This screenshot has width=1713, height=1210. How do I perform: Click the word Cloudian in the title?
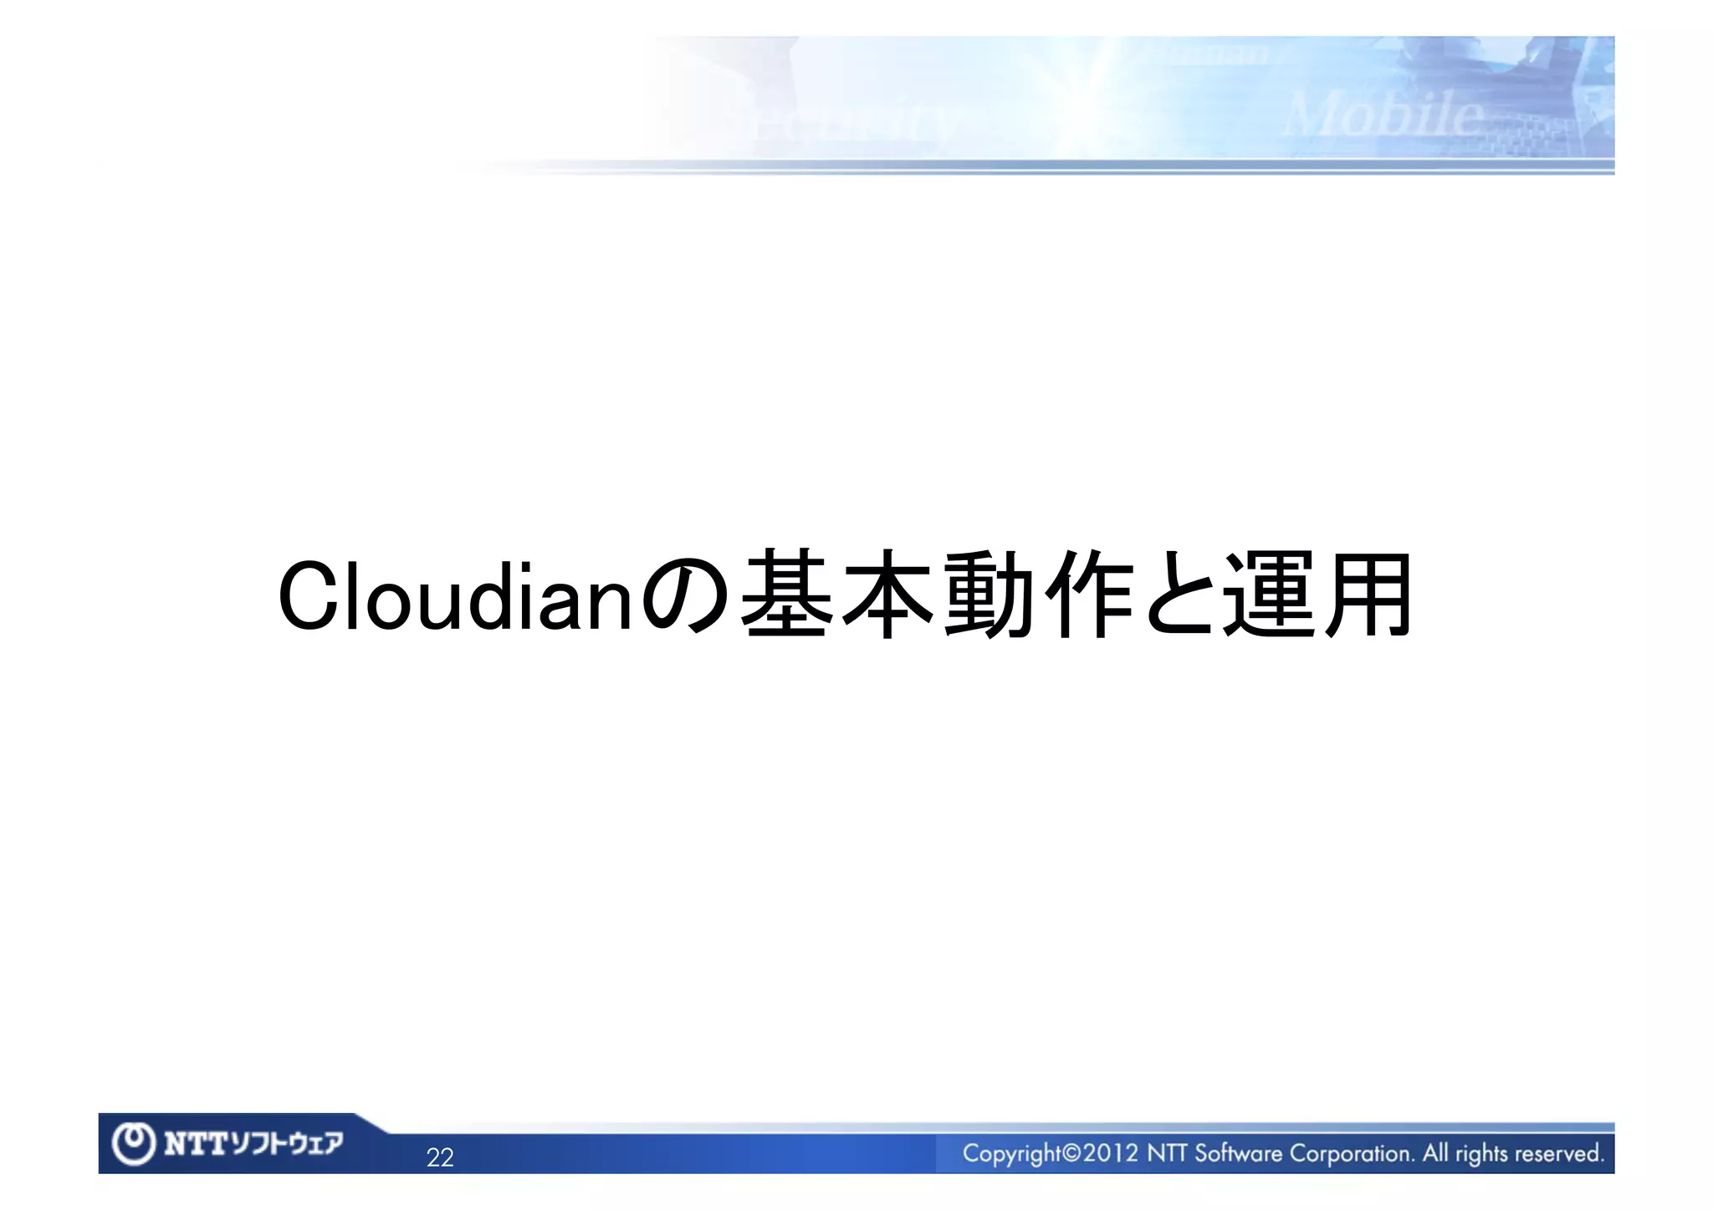click(x=456, y=596)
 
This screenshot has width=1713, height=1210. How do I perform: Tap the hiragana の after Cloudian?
click(x=686, y=596)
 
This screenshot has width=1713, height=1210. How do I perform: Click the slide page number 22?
click(x=440, y=1157)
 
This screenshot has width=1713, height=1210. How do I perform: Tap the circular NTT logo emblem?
click(x=134, y=1144)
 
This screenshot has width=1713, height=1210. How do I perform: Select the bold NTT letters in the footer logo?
click(x=195, y=1144)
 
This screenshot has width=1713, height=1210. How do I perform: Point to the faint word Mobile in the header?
click(x=1384, y=115)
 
